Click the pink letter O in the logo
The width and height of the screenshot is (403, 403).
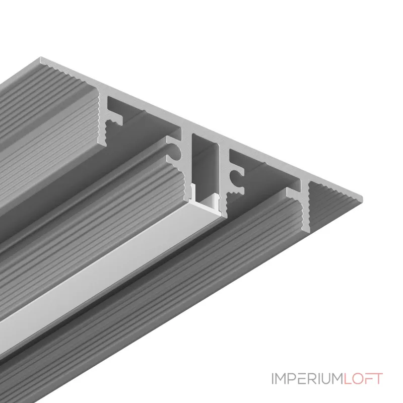point(356,379)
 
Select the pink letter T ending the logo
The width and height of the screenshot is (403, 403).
point(377,379)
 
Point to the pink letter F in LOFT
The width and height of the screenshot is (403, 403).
point(367,379)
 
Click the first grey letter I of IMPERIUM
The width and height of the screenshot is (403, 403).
point(273,379)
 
